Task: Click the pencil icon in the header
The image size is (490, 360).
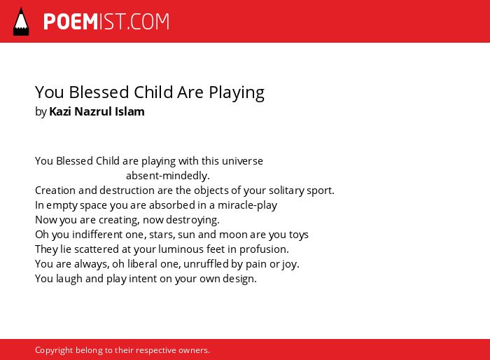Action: coord(21,21)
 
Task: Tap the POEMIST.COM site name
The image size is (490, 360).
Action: coord(106,22)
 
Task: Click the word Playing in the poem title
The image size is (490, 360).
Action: coord(237,93)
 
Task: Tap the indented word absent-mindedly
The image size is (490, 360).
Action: coord(168,176)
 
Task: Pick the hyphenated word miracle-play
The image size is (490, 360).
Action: coord(248,205)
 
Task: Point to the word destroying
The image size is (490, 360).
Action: coord(192,220)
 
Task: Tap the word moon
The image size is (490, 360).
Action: coord(233,235)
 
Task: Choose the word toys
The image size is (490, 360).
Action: coord(299,235)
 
